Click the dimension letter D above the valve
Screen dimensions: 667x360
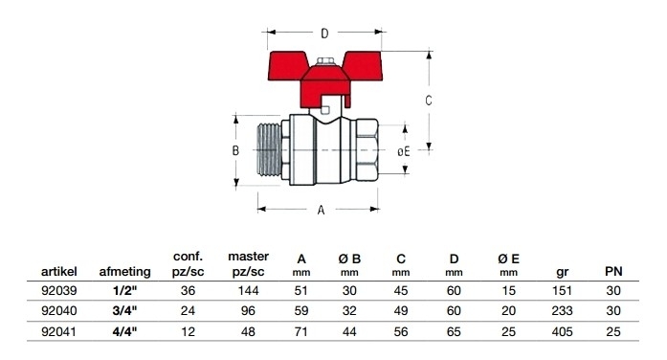(x=324, y=34)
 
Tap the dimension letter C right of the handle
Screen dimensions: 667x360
(x=429, y=101)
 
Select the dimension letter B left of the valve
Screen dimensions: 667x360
(x=235, y=150)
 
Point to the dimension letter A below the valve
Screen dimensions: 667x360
(x=322, y=210)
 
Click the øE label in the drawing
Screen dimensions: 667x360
(x=404, y=151)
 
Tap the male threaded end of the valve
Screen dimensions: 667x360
(x=269, y=149)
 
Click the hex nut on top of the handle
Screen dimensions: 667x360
(x=325, y=61)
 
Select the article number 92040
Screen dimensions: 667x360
(x=59, y=311)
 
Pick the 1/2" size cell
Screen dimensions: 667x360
(x=124, y=291)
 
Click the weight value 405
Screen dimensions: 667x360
(x=562, y=331)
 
